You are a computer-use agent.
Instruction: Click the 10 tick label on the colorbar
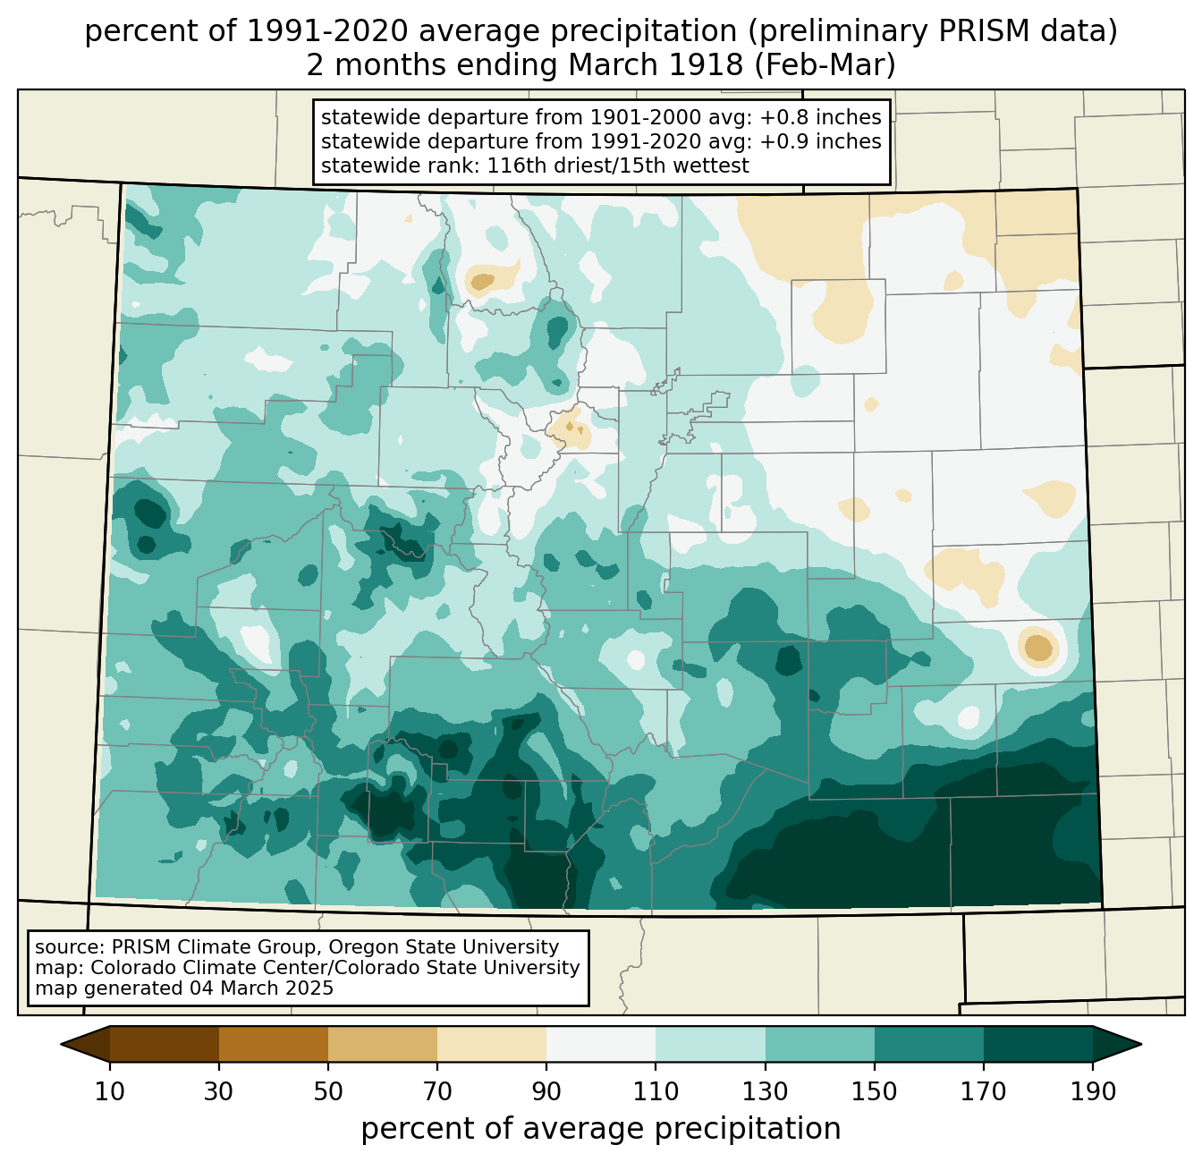(109, 1091)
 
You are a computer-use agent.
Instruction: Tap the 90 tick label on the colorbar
(546, 1091)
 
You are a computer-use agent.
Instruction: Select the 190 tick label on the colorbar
(1093, 1091)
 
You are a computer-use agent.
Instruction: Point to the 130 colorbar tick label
(765, 1091)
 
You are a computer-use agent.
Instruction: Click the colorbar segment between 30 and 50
(273, 1044)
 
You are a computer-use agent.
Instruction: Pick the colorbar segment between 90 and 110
(601, 1044)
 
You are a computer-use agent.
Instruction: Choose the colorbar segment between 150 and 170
(929, 1044)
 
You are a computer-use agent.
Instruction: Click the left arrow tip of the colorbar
(61, 1044)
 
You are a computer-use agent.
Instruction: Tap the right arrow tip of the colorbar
(1141, 1044)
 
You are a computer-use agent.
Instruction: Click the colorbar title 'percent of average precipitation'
(600, 1129)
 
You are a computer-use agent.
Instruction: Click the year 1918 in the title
(707, 65)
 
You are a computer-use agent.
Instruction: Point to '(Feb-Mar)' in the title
(825, 65)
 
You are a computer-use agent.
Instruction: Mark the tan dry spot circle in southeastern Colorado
(1038, 648)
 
